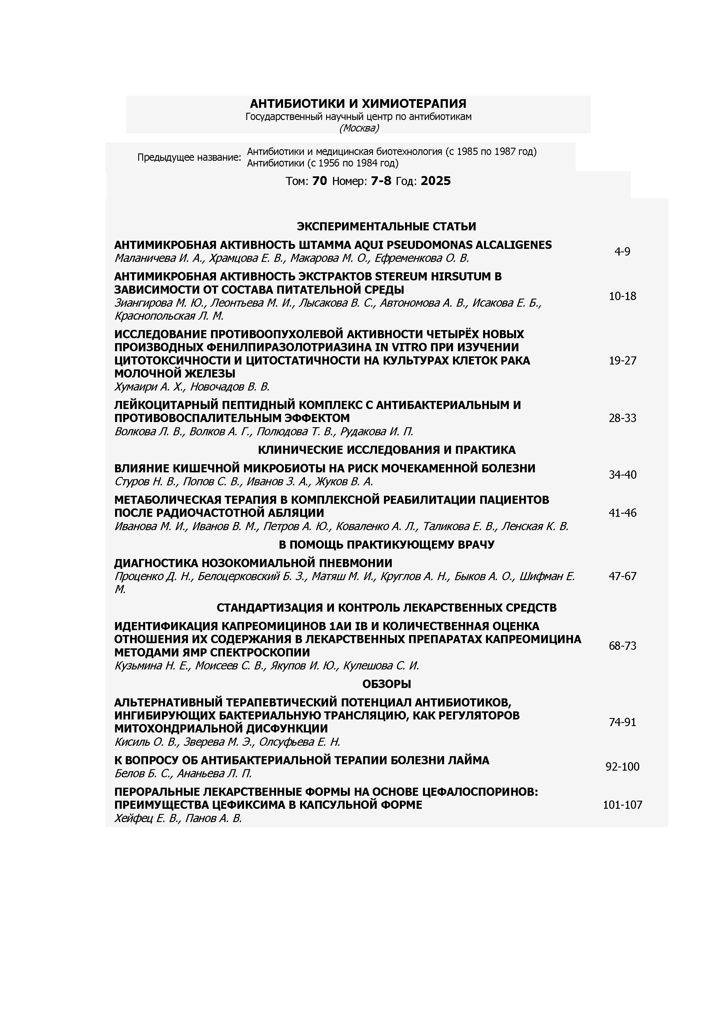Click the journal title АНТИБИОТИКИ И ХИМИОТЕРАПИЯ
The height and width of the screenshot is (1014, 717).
358,104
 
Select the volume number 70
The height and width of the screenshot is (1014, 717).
319,181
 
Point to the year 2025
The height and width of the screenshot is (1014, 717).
436,181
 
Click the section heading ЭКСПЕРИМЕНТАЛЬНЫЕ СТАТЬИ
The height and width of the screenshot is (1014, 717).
386,227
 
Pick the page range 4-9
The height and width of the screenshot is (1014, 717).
622,252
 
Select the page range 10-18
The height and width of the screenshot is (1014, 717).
622,296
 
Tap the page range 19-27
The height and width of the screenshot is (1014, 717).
622,361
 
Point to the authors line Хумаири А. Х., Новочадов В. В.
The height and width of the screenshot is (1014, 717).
192,387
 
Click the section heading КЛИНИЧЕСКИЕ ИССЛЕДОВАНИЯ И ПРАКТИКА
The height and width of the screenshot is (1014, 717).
386,450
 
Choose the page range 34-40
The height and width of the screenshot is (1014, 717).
622,475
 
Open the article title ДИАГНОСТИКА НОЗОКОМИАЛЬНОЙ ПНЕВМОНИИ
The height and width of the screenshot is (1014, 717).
253,563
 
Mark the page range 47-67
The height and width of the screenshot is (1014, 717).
622,576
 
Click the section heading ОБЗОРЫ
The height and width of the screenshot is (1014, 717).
386,684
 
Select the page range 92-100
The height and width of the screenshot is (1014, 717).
622,767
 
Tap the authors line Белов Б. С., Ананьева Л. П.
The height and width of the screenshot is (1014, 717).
183,774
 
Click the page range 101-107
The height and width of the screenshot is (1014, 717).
622,805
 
